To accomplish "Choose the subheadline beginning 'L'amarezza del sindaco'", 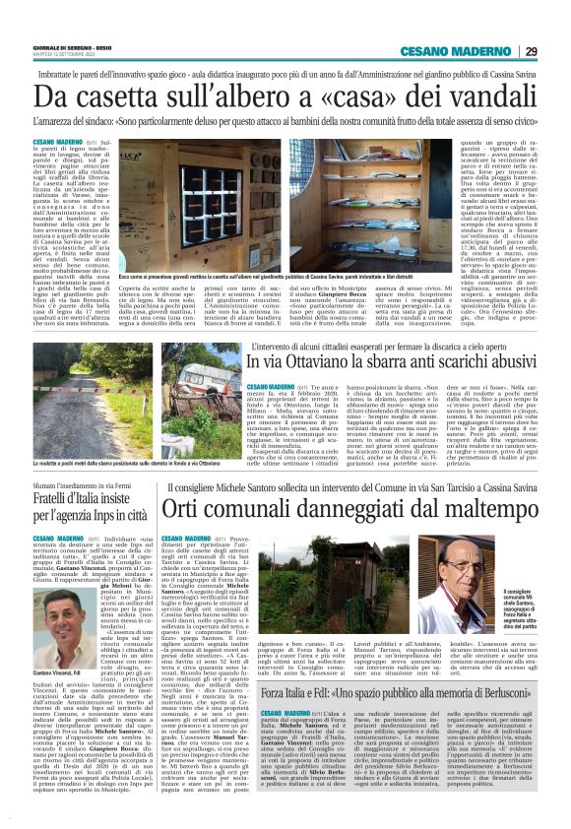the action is (x=285, y=121).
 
